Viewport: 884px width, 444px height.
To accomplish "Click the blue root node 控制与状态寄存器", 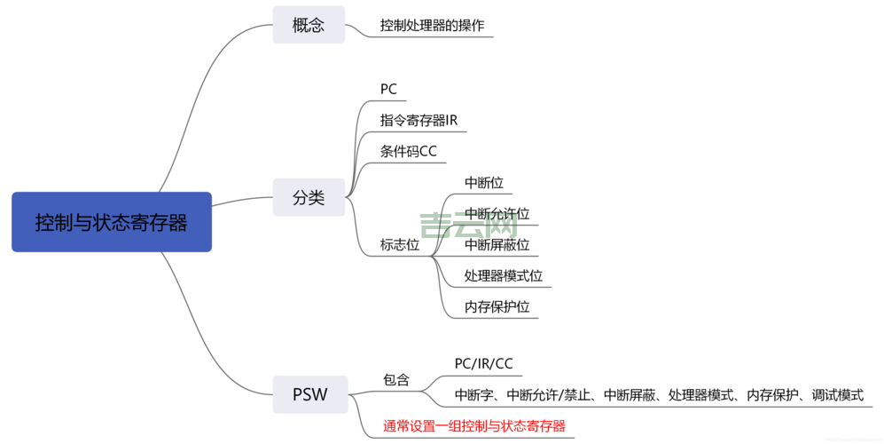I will pos(112,222).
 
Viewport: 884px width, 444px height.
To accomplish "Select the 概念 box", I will pos(309,25).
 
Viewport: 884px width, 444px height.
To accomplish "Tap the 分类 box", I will pos(309,198).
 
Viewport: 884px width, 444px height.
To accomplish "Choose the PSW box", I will pos(309,394).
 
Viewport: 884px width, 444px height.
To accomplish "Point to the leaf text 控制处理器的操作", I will pos(432,25).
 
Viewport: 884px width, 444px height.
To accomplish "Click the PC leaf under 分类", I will pos(388,89).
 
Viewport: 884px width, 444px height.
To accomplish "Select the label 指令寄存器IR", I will pos(419,120).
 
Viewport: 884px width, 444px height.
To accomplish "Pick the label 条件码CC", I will pos(409,151).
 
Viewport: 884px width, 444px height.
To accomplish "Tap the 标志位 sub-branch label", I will pos(400,244).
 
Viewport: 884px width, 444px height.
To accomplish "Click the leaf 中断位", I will pos(484,183).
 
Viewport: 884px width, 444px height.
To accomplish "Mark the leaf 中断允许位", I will pos(497,214).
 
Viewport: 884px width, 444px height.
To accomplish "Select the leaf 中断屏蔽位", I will pos(497,244).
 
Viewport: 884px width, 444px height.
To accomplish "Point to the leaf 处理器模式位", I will pos(503,275).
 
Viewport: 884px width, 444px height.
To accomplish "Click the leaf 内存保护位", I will pos(497,306).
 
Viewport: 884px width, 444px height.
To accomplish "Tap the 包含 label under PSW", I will pos(396,379).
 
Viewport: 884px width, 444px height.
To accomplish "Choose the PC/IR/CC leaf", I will pos(483,363).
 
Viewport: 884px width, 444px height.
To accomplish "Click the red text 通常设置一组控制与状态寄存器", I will pos(473,425).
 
